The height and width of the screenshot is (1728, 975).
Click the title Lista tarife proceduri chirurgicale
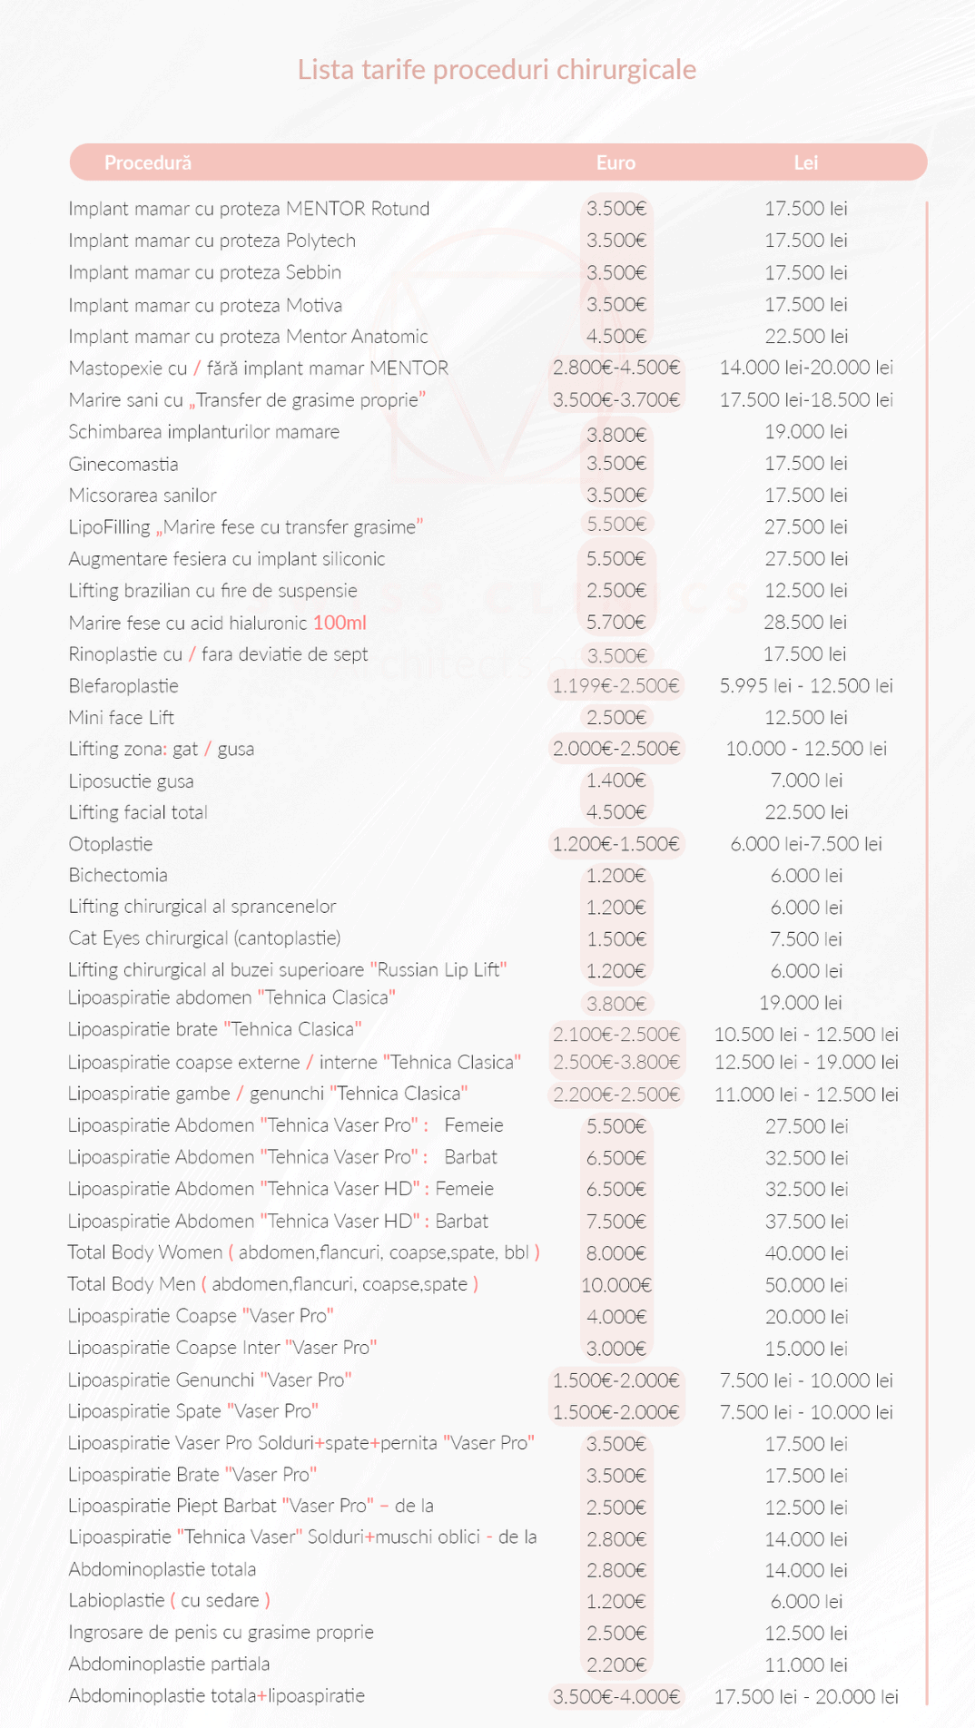[497, 70]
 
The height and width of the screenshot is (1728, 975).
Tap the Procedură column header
[147, 162]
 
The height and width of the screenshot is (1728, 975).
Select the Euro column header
[616, 162]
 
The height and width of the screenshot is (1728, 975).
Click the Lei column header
[806, 162]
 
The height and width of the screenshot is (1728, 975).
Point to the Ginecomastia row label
[123, 465]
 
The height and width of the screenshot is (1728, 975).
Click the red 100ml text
[340, 623]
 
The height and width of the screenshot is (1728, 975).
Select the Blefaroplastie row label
[123, 686]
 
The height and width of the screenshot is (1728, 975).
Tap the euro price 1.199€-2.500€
[616, 686]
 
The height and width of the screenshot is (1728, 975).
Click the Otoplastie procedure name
[111, 844]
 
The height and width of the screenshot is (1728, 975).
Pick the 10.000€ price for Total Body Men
[616, 1285]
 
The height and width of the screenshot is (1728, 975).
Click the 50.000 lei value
[806, 1285]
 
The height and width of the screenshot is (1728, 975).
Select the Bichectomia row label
[118, 876]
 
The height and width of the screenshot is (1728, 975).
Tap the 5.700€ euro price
[616, 623]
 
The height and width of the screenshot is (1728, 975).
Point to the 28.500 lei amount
[806, 623]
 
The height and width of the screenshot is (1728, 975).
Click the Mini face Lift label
[122, 718]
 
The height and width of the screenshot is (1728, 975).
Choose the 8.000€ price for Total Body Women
[616, 1253]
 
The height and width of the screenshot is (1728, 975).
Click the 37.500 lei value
[806, 1222]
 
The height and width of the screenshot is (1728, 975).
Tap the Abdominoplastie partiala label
[169, 1664]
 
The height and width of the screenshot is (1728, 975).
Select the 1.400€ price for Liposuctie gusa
[616, 781]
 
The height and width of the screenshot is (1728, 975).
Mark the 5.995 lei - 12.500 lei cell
[806, 686]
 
